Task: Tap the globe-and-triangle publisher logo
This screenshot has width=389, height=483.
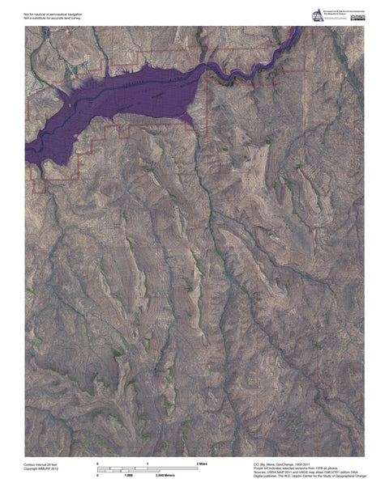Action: tap(316, 14)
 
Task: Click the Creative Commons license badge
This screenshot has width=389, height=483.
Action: tap(358, 18)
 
